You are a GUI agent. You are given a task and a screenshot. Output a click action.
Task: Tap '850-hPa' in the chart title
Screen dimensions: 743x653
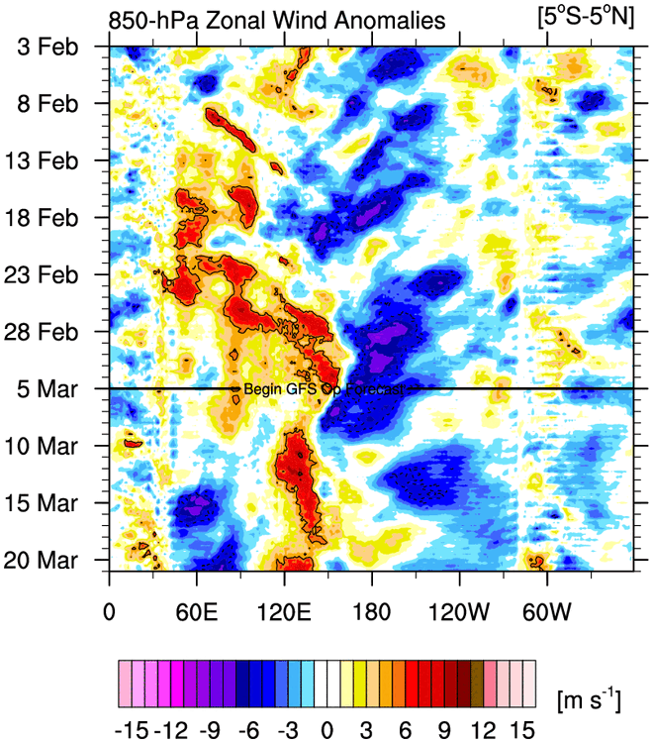point(161,20)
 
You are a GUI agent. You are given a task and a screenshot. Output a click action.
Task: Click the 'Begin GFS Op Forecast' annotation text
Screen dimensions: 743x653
point(324,389)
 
